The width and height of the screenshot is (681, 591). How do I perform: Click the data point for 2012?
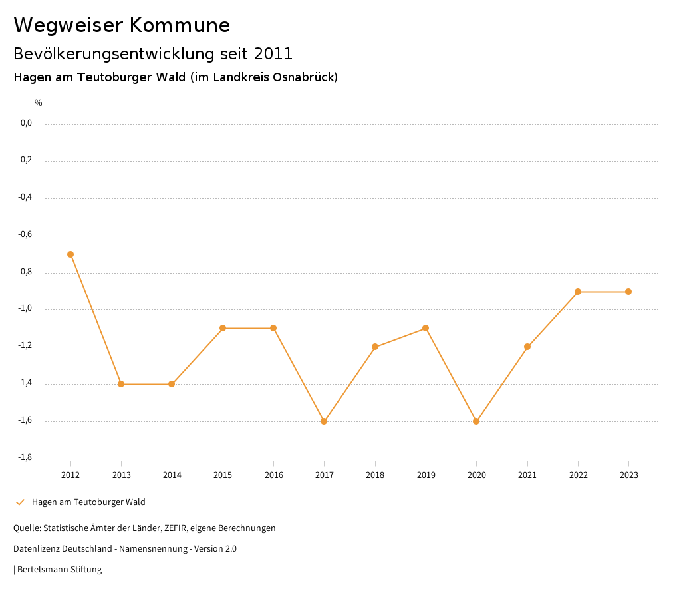[x=70, y=254]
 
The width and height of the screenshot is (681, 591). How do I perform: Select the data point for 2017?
[x=324, y=421]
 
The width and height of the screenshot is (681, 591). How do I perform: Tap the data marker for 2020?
[x=476, y=421]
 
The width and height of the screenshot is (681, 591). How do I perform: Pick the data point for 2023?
[x=628, y=292]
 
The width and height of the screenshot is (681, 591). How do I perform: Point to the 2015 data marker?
[x=223, y=328]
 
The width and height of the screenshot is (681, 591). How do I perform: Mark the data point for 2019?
[x=426, y=328]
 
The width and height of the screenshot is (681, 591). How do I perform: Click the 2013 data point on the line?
[x=121, y=384]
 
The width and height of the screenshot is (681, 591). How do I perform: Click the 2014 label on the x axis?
[x=172, y=475]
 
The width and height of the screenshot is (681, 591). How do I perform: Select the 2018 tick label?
[x=375, y=475]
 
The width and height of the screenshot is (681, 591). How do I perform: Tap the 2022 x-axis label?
[x=578, y=475]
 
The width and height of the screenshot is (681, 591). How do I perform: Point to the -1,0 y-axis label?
[x=26, y=309]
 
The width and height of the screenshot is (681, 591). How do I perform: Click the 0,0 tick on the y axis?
[x=26, y=123]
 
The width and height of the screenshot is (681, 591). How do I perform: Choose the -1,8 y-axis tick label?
[x=26, y=457]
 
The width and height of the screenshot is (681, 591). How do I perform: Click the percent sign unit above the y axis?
[x=39, y=103]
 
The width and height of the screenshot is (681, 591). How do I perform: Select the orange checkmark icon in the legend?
[x=20, y=502]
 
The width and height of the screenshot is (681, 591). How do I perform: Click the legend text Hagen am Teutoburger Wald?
[x=88, y=502]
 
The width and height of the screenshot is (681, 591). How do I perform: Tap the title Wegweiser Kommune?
[x=122, y=25]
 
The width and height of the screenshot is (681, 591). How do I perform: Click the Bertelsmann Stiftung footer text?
[x=59, y=570]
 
